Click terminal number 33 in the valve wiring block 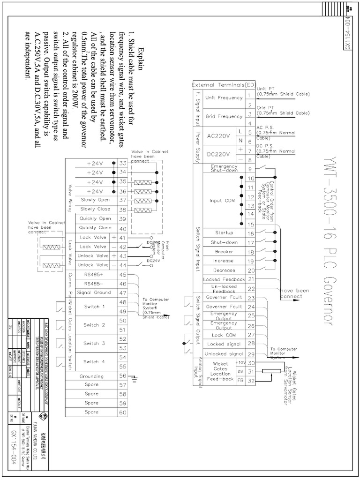pos(123,163)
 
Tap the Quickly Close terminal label pos(95,228)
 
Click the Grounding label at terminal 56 pos(91,375)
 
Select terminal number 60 pos(123,412)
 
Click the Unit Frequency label pos(224,98)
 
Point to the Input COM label pos(223,201)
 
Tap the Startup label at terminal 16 pos(224,233)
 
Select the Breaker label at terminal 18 pos(224,252)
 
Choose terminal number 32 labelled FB pos(251,380)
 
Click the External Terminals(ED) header pos(225,85)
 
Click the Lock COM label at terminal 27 pos(224,335)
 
